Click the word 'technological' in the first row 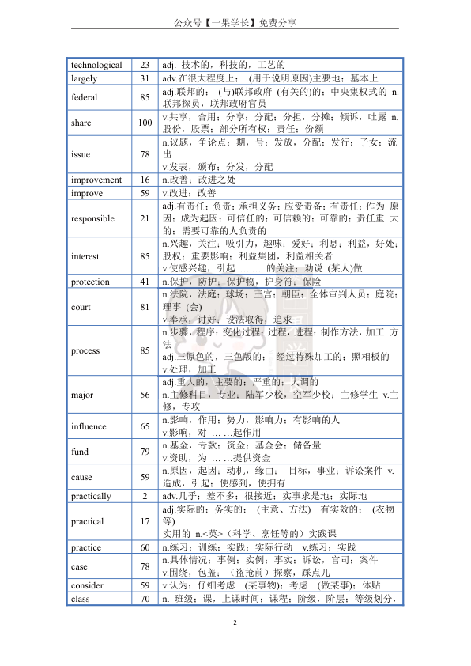pos(96,65)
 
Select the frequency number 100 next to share pos(145,123)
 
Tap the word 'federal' pos(84,98)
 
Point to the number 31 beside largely pos(145,78)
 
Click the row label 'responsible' pos(92,218)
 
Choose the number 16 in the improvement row pos(145,180)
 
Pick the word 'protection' pos(90,282)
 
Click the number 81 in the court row pos(145,307)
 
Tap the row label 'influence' pos(89,426)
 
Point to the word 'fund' pos(79,452)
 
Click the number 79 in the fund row pos(145,452)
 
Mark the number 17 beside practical pos(145,521)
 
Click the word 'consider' pos(87,585)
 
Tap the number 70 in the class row pos(145,599)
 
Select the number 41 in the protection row pos(145,282)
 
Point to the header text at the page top pos(235,22)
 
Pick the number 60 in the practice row pos(145,547)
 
